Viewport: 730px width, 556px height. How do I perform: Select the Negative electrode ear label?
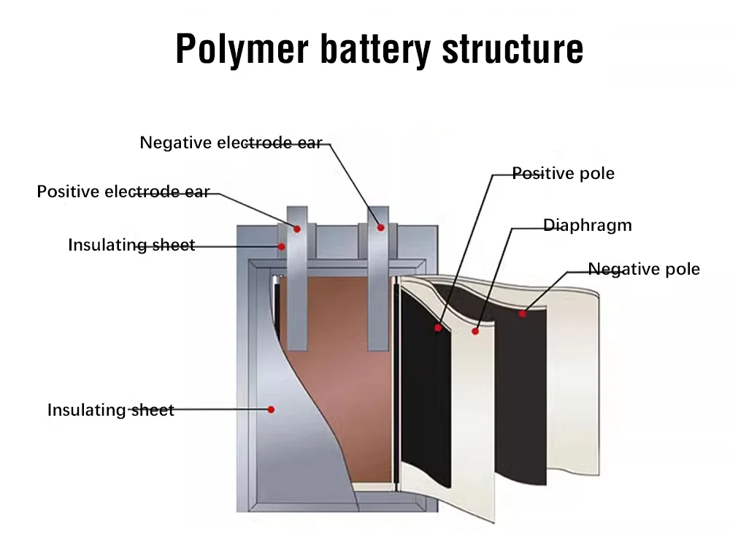pos(231,142)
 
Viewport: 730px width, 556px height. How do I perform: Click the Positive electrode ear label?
pos(123,191)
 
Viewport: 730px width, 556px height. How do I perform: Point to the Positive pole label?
pos(563,173)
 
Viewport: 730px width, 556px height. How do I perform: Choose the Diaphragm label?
pos(588,225)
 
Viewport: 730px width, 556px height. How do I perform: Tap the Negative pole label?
pos(644,269)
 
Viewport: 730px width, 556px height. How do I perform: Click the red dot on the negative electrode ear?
pos(380,227)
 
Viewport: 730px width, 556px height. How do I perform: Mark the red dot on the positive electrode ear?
pos(297,229)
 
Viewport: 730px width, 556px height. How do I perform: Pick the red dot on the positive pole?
pos(438,327)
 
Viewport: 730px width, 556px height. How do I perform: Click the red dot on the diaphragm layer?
pos(475,331)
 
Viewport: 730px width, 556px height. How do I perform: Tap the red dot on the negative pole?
pos(522,314)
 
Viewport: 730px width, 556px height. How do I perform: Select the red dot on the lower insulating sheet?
pos(271,410)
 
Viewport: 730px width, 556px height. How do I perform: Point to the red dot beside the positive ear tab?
pos(281,246)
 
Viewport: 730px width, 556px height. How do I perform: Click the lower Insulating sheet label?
pos(111,410)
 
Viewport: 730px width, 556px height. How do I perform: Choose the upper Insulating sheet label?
pos(131,245)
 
